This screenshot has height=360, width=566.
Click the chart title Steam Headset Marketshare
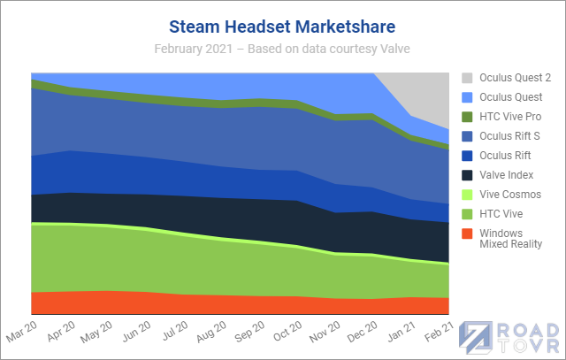tap(283, 24)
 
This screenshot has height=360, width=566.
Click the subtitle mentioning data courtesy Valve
tap(283, 46)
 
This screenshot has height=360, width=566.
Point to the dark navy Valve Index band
tap(221, 213)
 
